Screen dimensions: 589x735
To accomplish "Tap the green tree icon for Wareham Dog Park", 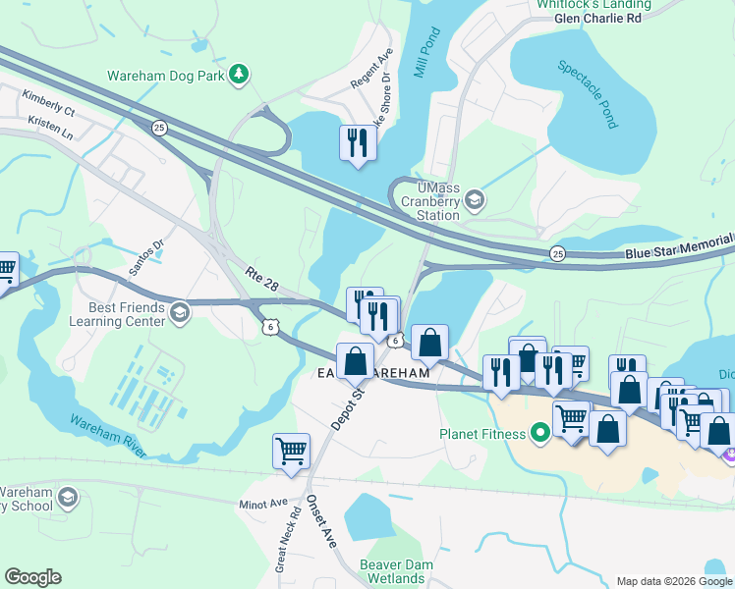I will [x=238, y=76].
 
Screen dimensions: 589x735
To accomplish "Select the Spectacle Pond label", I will [x=588, y=94].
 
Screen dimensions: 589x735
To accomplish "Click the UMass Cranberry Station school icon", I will [x=474, y=200].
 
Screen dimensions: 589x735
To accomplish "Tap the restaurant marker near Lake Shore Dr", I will [x=356, y=143].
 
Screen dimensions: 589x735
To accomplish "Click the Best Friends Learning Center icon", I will [x=179, y=313].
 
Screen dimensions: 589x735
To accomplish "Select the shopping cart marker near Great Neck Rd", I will [x=291, y=452].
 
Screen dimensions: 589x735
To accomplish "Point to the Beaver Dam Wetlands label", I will [x=392, y=571].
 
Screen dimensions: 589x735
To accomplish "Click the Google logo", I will [x=32, y=577].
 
